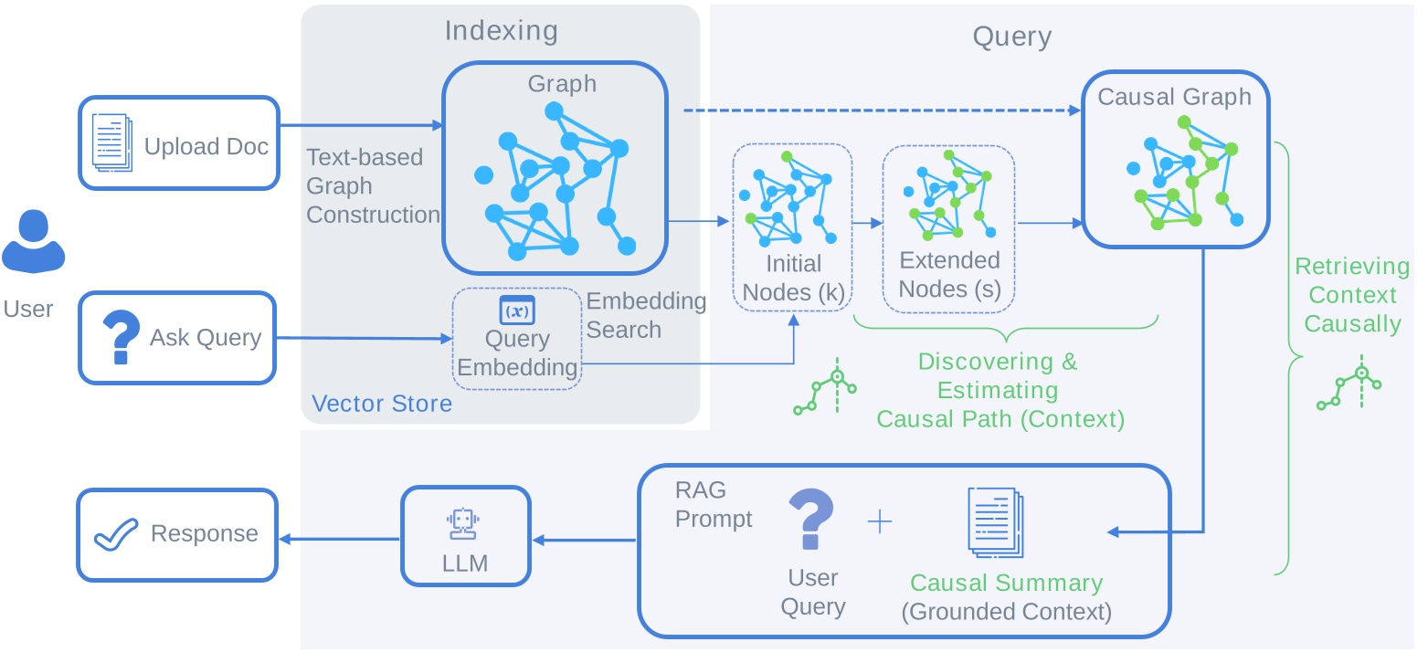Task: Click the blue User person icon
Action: coord(32,241)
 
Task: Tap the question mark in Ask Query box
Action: coord(122,337)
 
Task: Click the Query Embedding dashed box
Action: coord(517,339)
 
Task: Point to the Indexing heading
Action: coord(501,31)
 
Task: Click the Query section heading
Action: coord(1012,37)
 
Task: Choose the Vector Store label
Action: coord(382,403)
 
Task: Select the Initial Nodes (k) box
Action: coord(793,226)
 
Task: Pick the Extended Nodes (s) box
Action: coord(949,226)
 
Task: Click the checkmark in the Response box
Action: coord(116,533)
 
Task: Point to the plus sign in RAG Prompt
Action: coord(879,521)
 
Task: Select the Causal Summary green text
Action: coord(1006,583)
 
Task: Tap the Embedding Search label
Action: coord(646,315)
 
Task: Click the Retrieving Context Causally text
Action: coord(1352,295)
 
